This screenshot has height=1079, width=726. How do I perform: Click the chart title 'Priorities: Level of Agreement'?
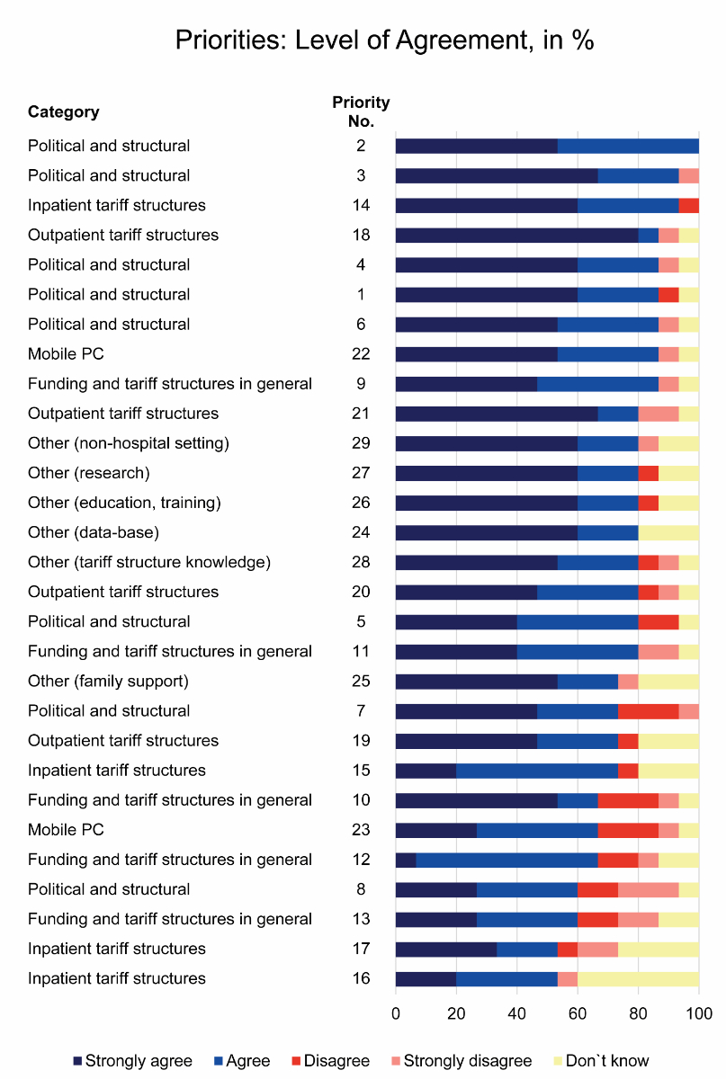pyautogui.click(x=384, y=41)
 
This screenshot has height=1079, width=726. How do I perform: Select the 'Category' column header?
pyautogui.click(x=63, y=112)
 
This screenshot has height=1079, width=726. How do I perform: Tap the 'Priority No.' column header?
pyautogui.click(x=361, y=112)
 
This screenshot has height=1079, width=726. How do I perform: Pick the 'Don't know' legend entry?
pyautogui.click(x=607, y=1061)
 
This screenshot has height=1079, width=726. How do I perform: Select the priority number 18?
pyautogui.click(x=361, y=236)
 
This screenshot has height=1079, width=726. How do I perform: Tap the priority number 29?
pyautogui.click(x=361, y=443)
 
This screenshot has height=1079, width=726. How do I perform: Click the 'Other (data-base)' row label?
pyautogui.click(x=93, y=532)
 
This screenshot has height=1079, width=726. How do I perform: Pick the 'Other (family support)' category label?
pyautogui.click(x=108, y=682)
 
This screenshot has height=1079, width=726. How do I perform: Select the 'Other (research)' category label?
pyautogui.click(x=88, y=473)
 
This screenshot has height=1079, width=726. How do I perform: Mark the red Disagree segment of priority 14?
pyautogui.click(x=688, y=206)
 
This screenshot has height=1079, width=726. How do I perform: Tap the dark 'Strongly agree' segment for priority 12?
pyautogui.click(x=406, y=860)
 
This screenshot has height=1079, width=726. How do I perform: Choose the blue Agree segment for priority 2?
pyautogui.click(x=628, y=147)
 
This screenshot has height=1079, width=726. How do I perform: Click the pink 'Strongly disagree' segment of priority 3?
pyautogui.click(x=688, y=176)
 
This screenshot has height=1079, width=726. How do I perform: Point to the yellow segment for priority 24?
pyautogui.click(x=668, y=532)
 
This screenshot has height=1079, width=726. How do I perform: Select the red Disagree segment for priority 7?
pyautogui.click(x=648, y=711)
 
